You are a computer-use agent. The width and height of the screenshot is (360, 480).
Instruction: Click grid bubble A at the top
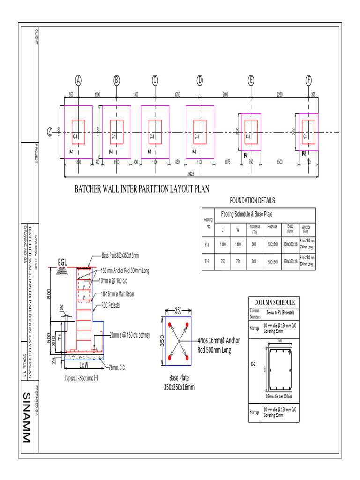(x=78, y=81)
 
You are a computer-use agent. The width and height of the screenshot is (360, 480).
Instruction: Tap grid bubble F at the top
(x=308, y=81)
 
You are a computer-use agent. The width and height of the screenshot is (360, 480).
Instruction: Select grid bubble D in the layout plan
(x=200, y=81)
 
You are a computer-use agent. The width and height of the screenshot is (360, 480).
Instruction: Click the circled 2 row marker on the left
(x=50, y=132)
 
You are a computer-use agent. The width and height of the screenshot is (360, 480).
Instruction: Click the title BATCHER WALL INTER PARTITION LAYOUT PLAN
(x=142, y=189)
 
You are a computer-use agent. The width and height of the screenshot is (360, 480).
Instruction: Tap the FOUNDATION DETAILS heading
(x=253, y=201)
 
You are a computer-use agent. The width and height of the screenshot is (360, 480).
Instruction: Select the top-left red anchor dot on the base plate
(x=168, y=324)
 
